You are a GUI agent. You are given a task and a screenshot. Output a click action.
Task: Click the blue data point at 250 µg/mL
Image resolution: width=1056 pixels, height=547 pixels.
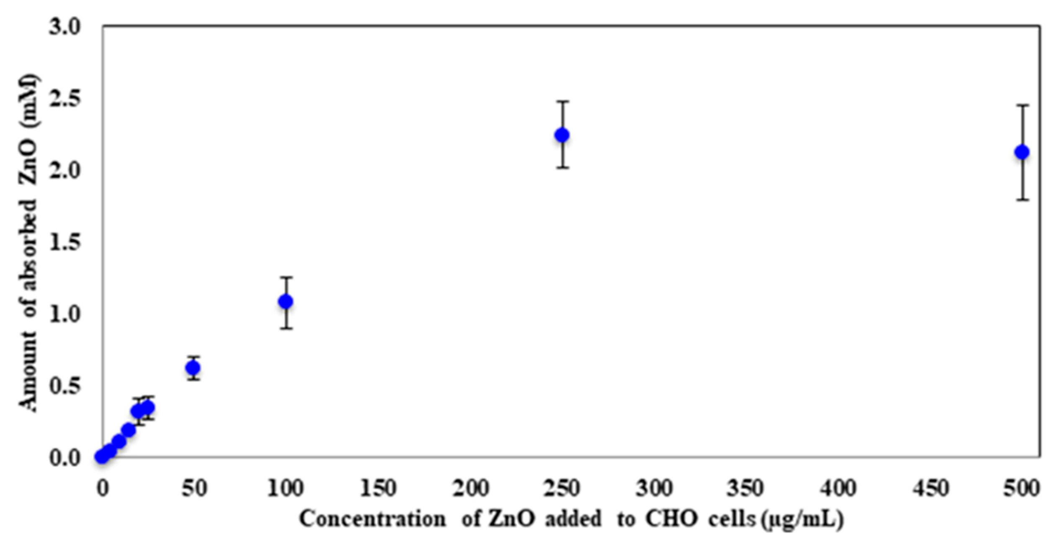pyautogui.click(x=562, y=135)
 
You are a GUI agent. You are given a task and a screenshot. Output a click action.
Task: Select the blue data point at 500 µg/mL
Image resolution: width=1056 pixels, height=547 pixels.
pyautogui.click(x=1022, y=152)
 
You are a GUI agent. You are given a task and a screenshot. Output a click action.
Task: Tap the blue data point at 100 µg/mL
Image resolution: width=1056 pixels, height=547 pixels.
pyautogui.click(x=286, y=301)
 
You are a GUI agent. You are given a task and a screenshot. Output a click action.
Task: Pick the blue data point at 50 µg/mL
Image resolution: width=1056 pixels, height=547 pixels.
pyautogui.click(x=193, y=368)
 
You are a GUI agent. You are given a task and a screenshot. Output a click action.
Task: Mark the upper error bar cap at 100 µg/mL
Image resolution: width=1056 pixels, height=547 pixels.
pyautogui.click(x=286, y=277)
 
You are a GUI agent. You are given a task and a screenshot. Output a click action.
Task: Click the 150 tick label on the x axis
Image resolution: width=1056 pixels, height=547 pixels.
pyautogui.click(x=378, y=488)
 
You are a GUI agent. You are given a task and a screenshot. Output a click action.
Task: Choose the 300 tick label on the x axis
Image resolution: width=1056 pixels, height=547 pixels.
pyautogui.click(x=654, y=488)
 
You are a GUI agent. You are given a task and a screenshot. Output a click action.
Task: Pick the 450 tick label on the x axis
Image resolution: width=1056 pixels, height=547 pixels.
pyautogui.click(x=930, y=488)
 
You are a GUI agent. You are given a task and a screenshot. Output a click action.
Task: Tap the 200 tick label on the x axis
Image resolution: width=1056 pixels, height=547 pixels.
pyautogui.click(x=470, y=488)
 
